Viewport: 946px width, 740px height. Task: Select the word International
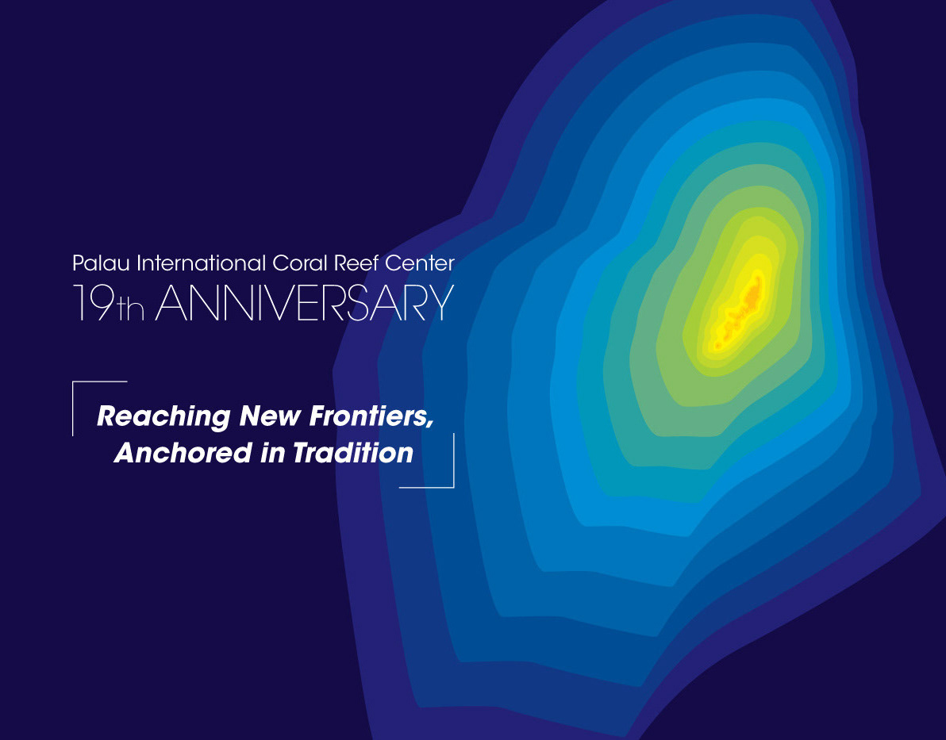[201, 263]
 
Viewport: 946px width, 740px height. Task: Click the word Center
[420, 263]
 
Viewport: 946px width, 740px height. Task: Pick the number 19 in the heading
[94, 302]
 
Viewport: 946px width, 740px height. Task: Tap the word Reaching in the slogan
[163, 416]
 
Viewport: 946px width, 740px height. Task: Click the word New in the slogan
[270, 416]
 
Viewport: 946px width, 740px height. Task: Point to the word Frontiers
[369, 416]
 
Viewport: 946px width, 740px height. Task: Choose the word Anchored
[183, 452]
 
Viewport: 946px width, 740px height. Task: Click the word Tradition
[353, 452]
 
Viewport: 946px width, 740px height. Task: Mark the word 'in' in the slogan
[273, 453]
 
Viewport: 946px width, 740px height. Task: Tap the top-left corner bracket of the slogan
[73, 382]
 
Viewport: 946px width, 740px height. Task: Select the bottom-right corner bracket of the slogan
[453, 486]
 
